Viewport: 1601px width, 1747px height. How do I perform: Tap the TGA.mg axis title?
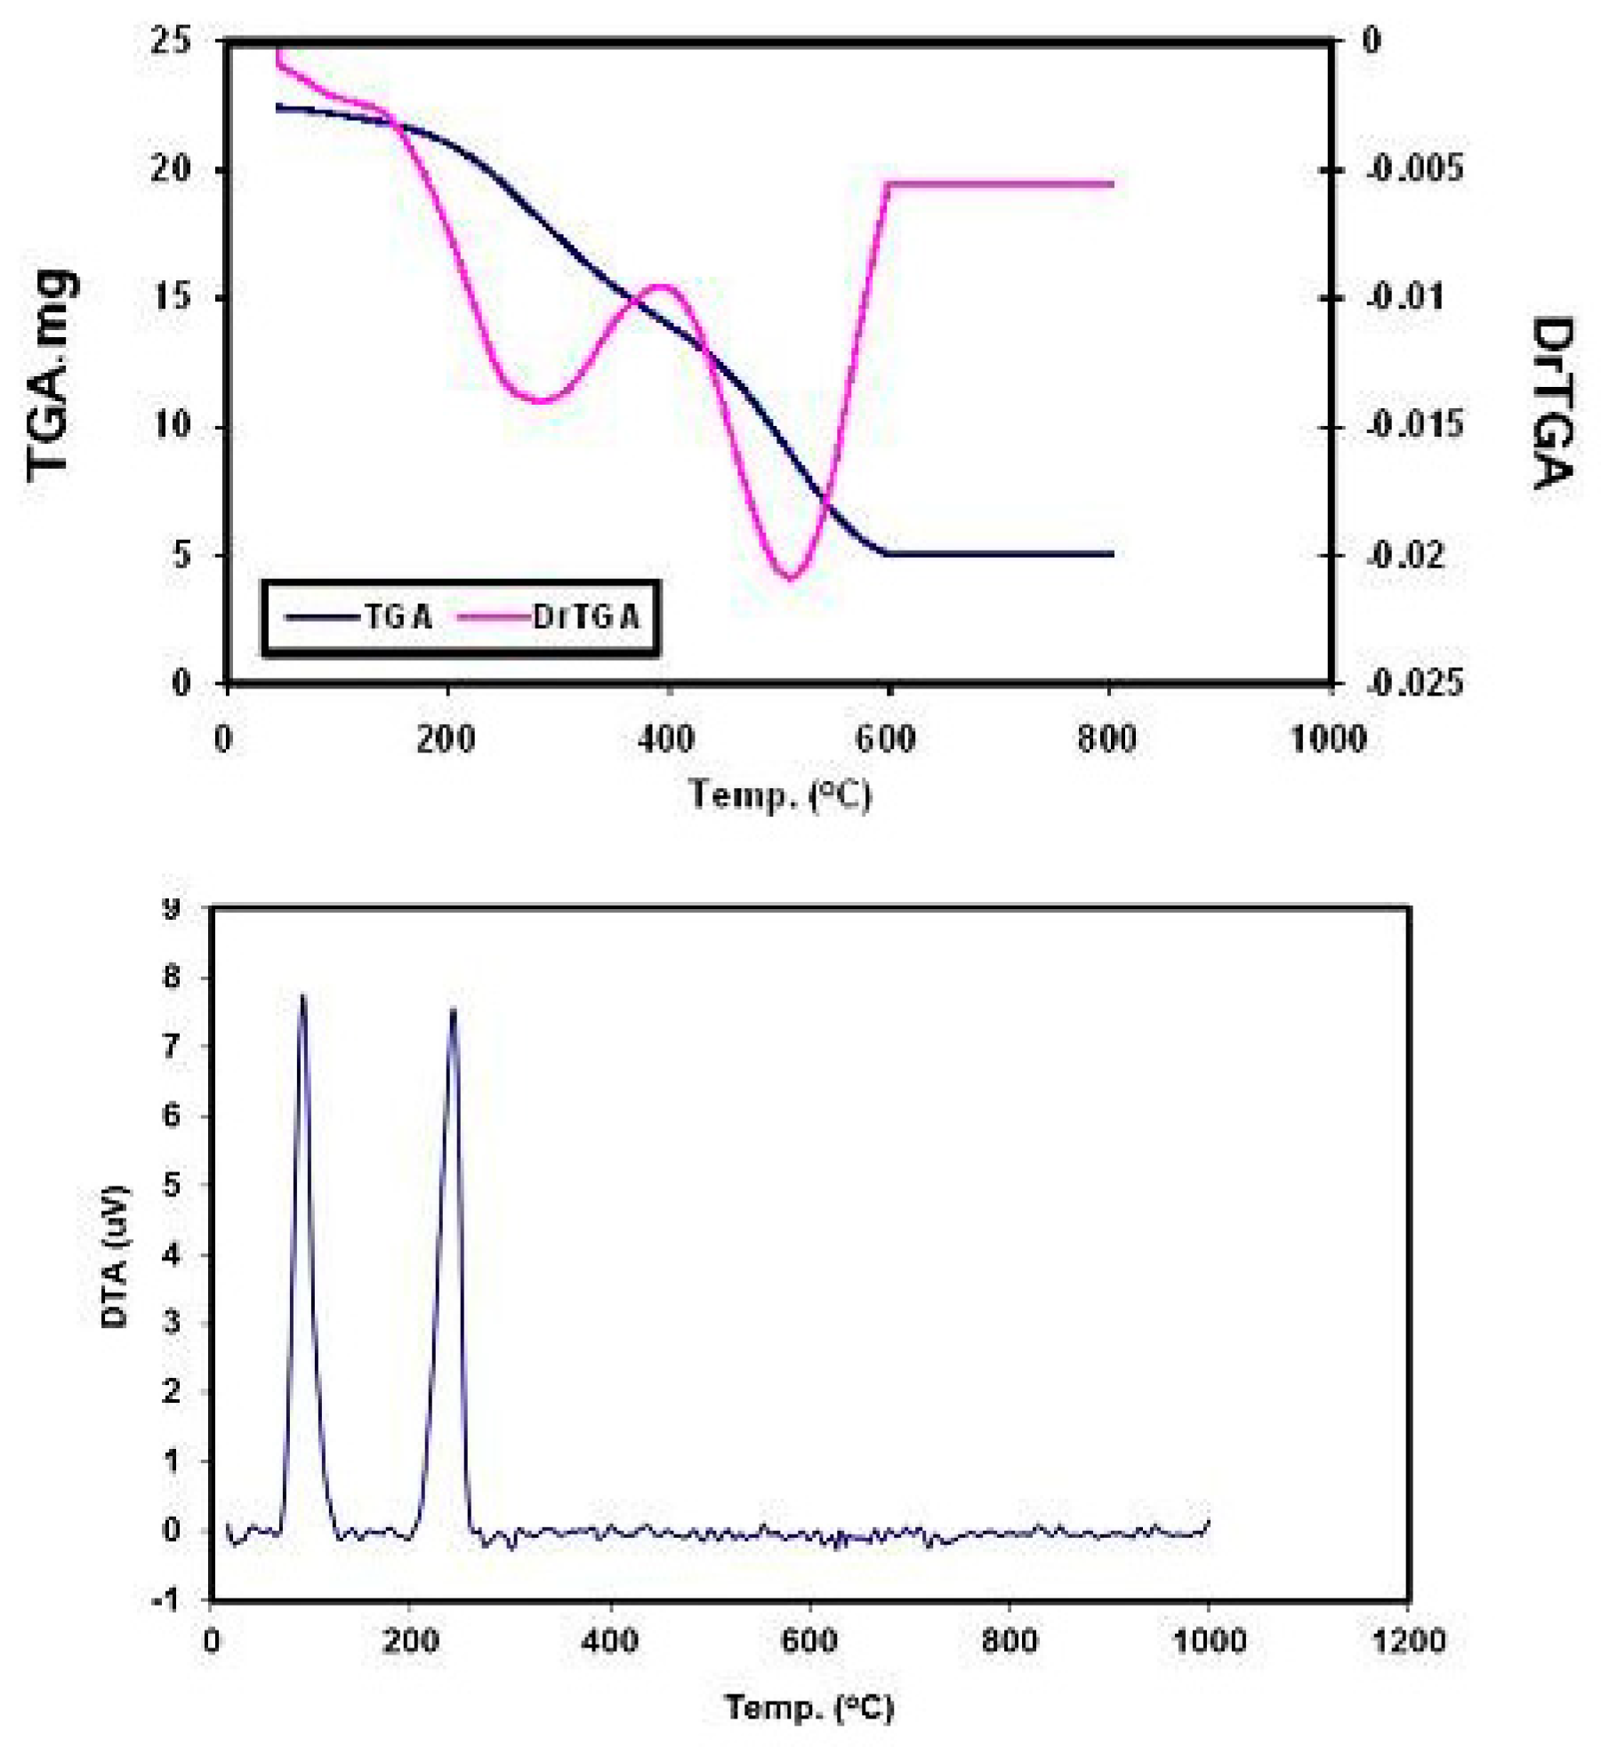click(x=51, y=375)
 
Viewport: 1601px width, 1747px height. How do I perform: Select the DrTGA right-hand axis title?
click(x=1552, y=402)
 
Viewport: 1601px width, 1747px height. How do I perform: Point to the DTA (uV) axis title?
click(x=115, y=1257)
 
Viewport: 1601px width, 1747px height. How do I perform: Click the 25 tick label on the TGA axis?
click(x=171, y=40)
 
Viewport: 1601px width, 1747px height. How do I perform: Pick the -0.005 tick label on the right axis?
click(x=1413, y=168)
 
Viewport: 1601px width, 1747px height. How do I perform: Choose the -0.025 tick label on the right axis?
click(x=1413, y=683)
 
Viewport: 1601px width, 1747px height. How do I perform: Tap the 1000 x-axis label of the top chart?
click(x=1328, y=739)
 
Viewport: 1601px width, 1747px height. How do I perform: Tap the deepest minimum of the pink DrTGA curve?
click(x=790, y=579)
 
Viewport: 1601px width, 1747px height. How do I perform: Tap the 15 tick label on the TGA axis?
click(x=171, y=297)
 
